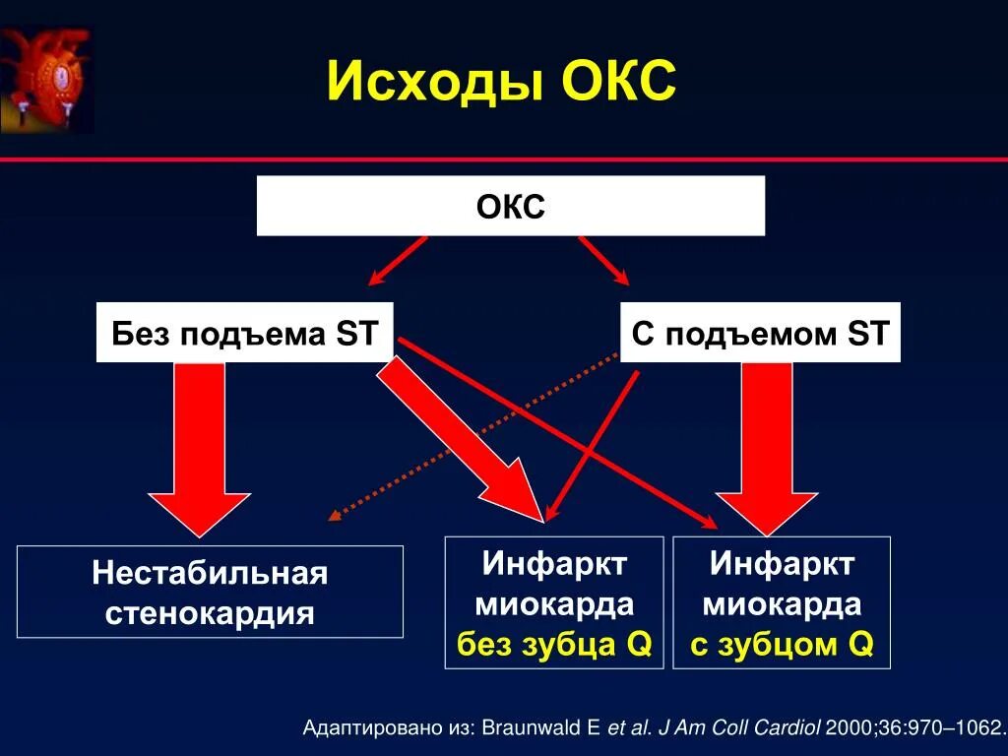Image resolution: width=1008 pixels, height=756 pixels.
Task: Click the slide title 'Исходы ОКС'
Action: tap(501, 81)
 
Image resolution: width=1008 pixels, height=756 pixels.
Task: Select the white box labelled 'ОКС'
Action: tap(510, 207)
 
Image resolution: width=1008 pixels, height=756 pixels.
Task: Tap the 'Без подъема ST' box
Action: tap(244, 333)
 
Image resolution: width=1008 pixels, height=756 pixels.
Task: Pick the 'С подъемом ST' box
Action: tap(760, 333)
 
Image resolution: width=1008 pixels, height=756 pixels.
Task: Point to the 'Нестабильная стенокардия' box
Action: tap(210, 592)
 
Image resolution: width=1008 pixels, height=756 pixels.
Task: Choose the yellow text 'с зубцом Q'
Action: tap(782, 645)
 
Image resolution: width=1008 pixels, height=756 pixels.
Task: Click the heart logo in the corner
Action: tap(46, 79)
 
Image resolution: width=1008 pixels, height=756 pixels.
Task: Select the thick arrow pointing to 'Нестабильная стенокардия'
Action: tap(200, 443)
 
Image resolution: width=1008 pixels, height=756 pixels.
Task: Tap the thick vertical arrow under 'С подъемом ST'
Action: tap(767, 443)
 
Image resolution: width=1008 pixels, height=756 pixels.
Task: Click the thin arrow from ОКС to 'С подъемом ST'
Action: tap(603, 260)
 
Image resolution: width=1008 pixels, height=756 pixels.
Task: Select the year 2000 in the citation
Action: tap(849, 729)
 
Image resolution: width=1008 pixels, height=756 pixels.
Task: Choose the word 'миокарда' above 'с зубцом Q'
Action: tap(782, 604)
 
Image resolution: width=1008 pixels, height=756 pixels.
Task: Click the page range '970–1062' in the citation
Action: tap(951, 729)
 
